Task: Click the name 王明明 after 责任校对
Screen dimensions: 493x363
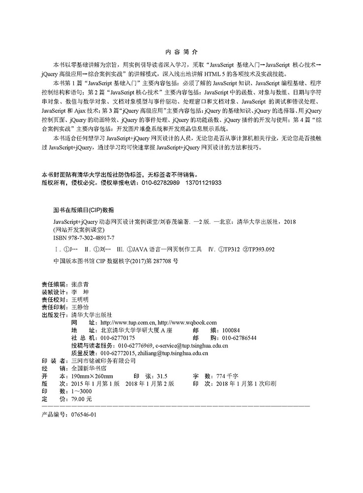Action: tap(81, 299)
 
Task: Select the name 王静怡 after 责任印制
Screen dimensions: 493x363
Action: tap(81, 306)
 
